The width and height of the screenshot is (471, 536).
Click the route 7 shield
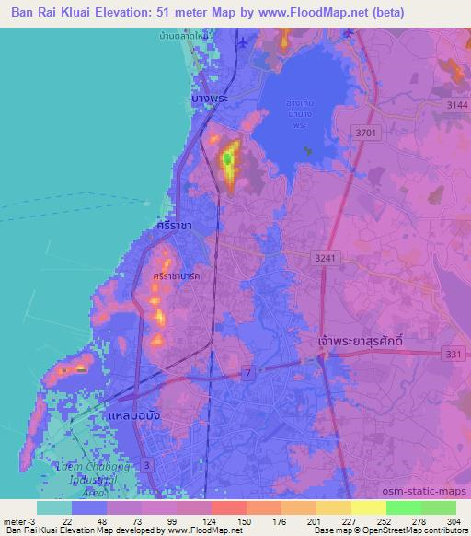(247, 371)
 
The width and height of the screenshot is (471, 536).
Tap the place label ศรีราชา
(174, 225)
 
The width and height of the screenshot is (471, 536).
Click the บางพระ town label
(210, 97)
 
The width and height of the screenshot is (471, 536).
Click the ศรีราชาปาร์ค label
(178, 276)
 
